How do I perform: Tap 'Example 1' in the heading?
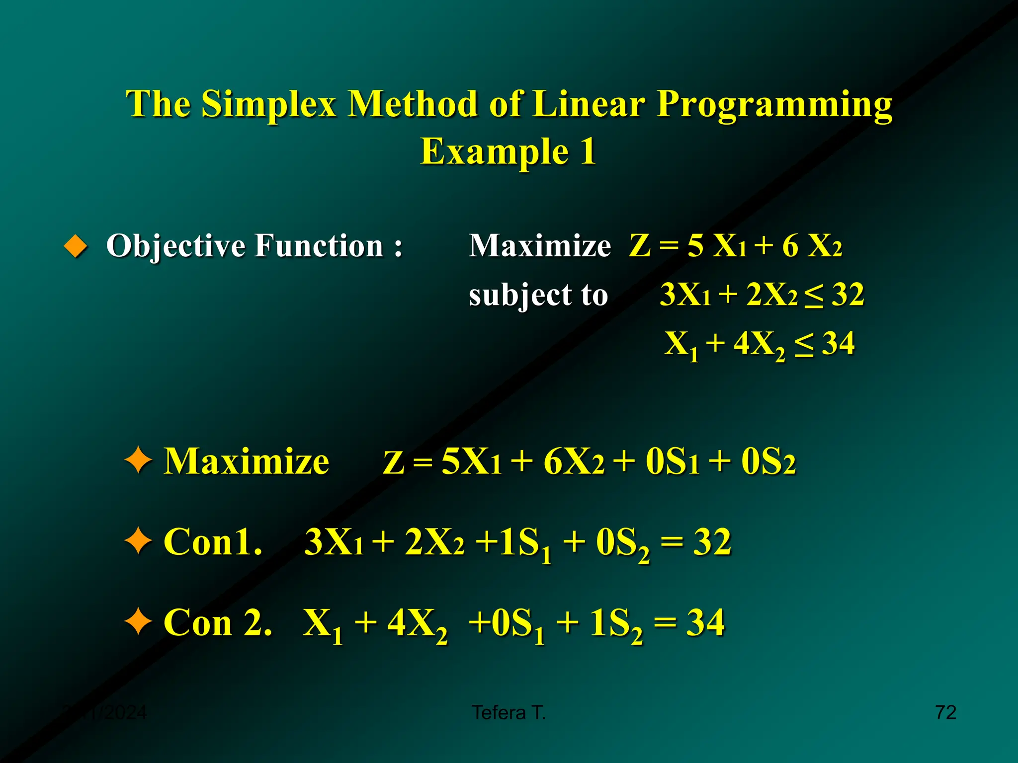coord(508,152)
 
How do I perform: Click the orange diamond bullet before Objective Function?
coord(76,246)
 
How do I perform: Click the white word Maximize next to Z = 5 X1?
coord(540,246)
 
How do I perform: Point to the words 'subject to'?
coord(538,295)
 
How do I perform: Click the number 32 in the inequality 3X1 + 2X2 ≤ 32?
coord(848,294)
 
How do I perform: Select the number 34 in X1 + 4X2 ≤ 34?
coord(839,343)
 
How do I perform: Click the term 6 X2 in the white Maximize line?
coord(812,246)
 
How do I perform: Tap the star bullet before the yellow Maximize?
coord(138,461)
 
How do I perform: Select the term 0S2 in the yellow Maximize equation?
coord(768,461)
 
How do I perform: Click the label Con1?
coord(213,541)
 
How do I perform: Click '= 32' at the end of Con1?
coord(696,541)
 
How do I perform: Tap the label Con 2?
coord(218,622)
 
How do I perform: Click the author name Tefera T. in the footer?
coord(509,713)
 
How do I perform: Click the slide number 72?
coord(945,712)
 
